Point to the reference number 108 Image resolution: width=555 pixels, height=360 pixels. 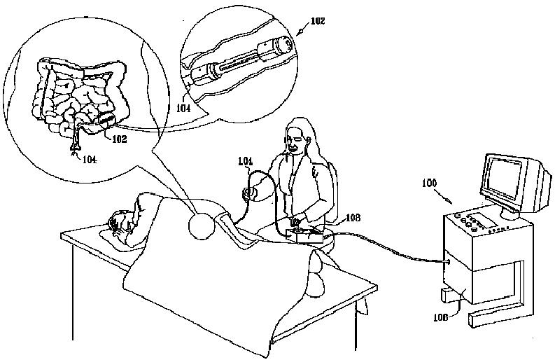(x=353, y=219)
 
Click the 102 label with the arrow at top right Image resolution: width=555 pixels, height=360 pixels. (x=318, y=21)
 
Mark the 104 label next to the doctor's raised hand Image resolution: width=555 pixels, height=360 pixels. (x=245, y=161)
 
